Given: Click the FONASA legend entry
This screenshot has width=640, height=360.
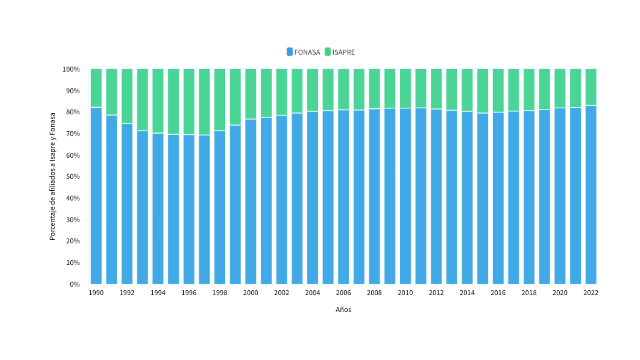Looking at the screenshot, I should tap(304, 52).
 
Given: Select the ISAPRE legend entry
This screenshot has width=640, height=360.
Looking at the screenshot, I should tap(340, 52).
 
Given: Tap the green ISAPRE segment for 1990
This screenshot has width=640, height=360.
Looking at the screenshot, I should tap(96, 88).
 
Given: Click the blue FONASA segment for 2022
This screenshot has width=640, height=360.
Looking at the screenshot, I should tap(591, 195).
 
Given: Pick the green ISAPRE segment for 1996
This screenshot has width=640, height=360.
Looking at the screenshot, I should tap(189, 102).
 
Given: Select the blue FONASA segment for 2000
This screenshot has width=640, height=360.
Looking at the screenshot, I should tap(251, 202).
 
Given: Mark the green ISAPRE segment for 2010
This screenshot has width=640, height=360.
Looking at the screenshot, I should tap(405, 88).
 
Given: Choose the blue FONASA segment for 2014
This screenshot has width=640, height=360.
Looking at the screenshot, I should tap(467, 198).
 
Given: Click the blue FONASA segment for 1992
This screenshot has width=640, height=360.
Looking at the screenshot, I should tap(127, 204).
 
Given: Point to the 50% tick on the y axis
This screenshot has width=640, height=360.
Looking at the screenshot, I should tap(73, 176).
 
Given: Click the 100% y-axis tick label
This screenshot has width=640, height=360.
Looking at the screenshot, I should tap(71, 69).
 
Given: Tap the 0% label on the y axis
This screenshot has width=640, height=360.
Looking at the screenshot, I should tap(75, 284).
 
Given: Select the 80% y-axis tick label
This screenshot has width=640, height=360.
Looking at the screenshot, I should tap(73, 112).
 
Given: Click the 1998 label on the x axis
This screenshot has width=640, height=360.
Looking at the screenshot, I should tap(220, 293).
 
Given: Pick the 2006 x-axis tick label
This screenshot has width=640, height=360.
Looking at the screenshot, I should tap(343, 293).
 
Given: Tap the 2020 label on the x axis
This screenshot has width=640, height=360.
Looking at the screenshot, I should tap(560, 293).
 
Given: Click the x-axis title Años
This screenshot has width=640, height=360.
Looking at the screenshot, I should tap(343, 310).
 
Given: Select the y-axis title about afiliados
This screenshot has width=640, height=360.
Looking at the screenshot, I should tap(52, 176).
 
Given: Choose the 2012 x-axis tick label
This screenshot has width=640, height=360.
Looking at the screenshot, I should tap(436, 293).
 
